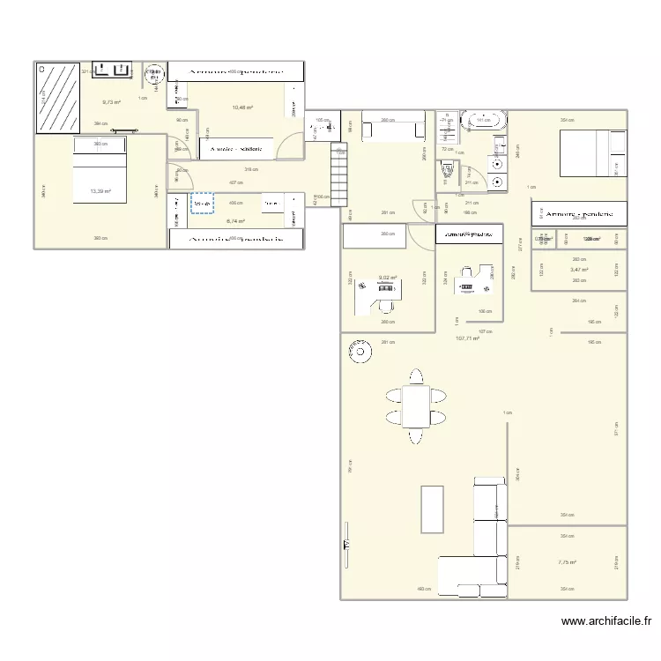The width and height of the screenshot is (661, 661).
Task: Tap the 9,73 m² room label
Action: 110,101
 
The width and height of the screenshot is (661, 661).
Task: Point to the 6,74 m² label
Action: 235,221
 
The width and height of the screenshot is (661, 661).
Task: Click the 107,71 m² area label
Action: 467,338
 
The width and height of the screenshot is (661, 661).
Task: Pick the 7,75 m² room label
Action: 567,562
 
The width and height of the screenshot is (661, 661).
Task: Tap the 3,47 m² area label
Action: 579,270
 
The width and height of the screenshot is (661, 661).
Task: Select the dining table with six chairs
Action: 413,405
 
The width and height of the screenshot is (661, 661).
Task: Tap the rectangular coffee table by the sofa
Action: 432,509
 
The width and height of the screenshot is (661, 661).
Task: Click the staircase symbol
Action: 340,173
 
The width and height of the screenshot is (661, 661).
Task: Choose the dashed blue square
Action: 202,204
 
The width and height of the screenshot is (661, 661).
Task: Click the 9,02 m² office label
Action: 388,278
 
